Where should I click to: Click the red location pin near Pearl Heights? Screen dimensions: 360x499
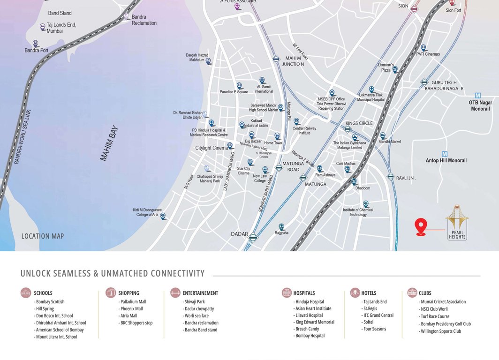[x=421, y=226]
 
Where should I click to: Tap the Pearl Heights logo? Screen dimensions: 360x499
[x=457, y=222]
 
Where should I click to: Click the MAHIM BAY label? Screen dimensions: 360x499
[x=109, y=143]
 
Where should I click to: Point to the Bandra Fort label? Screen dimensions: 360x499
[x=37, y=50]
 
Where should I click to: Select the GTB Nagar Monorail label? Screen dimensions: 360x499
[x=479, y=106]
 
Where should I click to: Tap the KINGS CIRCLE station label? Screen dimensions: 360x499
[x=359, y=123]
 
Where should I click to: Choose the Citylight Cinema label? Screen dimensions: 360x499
[x=212, y=148]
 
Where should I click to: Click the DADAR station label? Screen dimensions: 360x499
[x=239, y=233]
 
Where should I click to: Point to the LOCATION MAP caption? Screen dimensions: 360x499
[x=43, y=236]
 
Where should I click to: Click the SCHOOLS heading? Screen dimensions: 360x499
[x=43, y=293]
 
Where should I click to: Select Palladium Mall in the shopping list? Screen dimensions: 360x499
[x=133, y=302]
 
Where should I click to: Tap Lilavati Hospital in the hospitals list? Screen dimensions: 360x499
[x=309, y=315]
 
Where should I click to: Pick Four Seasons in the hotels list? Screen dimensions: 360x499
[x=374, y=329]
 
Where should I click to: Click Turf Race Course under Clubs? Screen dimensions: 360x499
[x=435, y=316]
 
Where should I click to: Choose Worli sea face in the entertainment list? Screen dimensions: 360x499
[x=197, y=316]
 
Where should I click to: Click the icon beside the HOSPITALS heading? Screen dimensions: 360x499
[x=286, y=293]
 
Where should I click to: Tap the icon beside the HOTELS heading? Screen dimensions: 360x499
[x=354, y=293]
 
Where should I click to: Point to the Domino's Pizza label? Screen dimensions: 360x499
[x=385, y=67]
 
